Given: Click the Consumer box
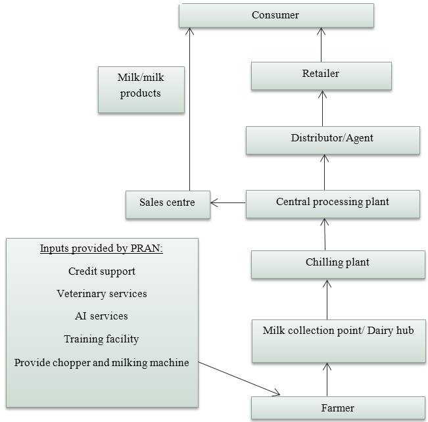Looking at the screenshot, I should point(276,15).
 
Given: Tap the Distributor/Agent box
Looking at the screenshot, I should point(333,139).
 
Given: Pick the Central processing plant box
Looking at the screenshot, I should point(333,203).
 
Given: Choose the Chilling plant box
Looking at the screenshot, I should point(337,264).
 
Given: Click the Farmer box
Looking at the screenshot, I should point(338,408).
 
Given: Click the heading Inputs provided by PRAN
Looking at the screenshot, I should point(102,248).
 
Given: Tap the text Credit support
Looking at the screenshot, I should point(102,271).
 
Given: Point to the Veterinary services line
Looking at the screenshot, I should point(102,293).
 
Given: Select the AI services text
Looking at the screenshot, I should point(102,316).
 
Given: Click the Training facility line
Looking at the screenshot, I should point(102,339).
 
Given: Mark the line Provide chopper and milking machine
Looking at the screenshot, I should point(102,362).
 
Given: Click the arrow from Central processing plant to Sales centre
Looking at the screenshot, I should point(229,202).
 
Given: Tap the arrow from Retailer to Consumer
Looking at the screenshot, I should point(321,45).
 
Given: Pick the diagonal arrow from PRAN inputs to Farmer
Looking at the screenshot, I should point(240,379).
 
